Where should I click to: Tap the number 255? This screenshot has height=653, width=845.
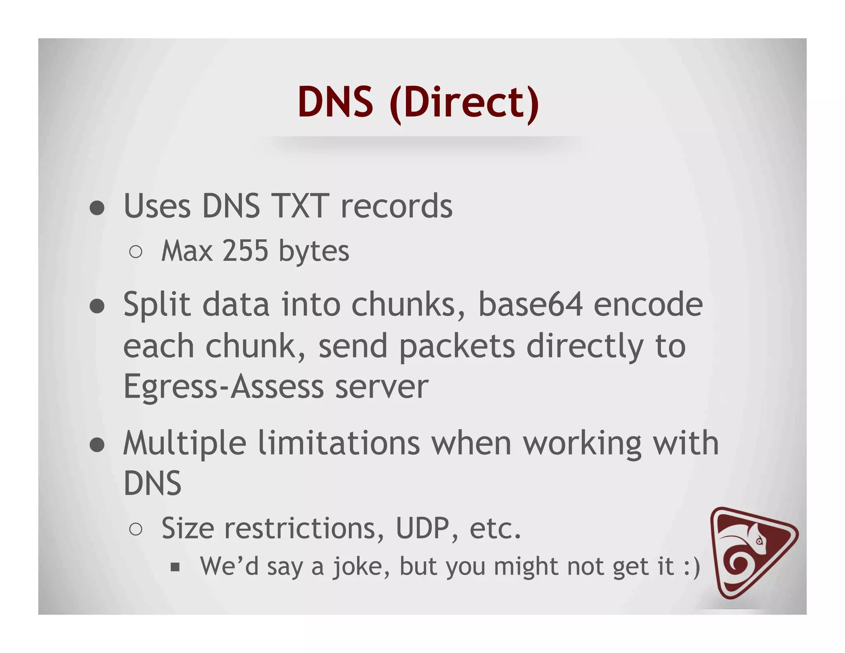245,251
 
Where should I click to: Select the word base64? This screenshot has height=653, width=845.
530,304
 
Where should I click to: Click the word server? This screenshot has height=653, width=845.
382,387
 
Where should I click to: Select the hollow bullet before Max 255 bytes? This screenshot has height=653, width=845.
136,252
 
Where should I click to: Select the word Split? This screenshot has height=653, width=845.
157,304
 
